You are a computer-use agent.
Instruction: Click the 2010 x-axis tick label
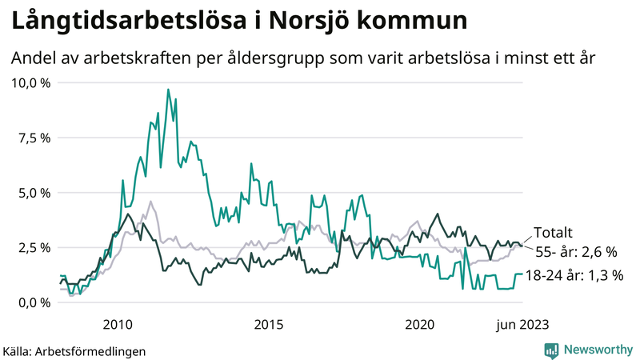(118, 325)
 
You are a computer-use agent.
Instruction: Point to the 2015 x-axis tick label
(269, 325)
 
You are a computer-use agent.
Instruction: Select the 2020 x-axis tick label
(420, 325)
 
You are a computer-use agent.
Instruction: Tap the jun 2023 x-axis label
(522, 325)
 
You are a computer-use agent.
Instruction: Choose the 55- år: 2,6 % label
(577, 252)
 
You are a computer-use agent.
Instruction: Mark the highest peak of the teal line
(168, 90)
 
